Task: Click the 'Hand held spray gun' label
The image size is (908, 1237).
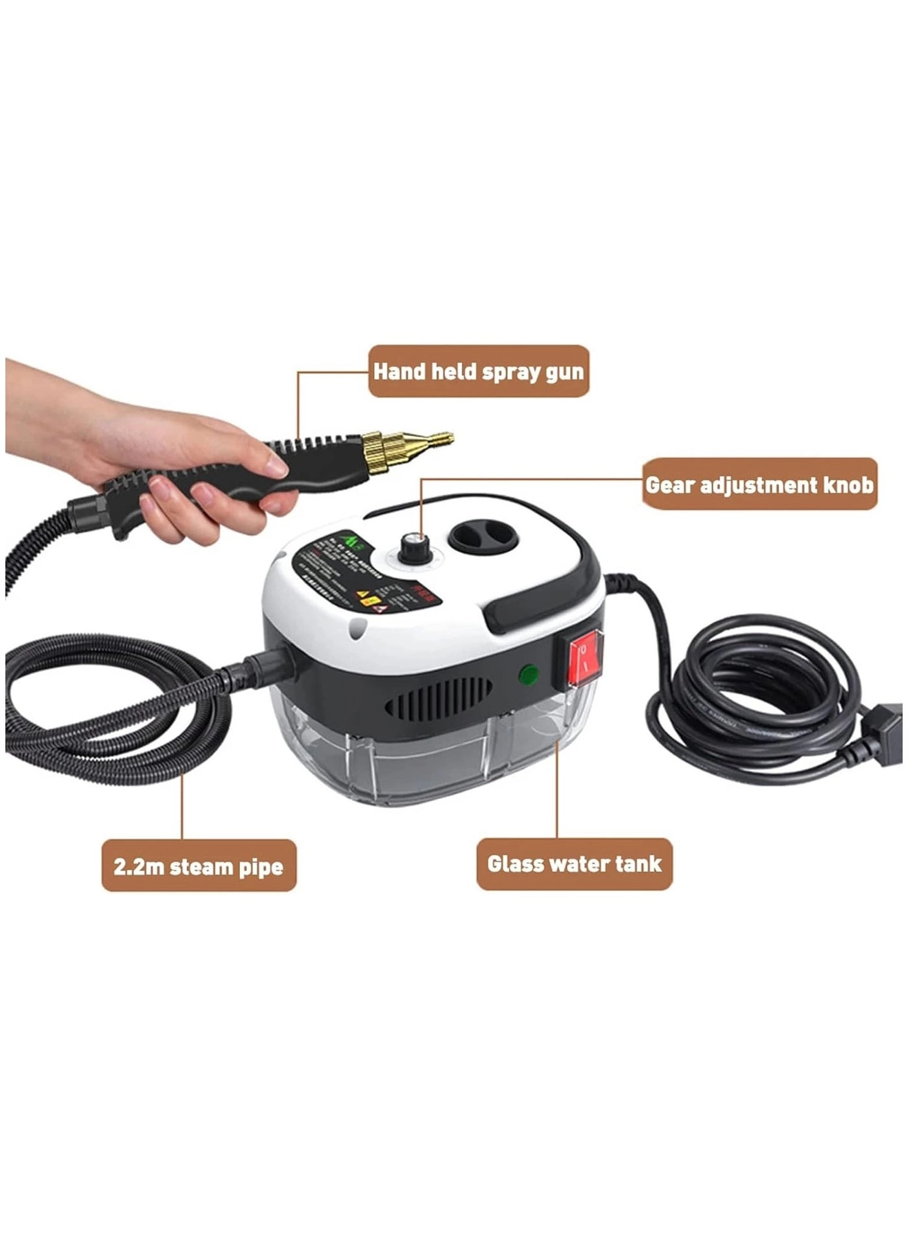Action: (x=479, y=371)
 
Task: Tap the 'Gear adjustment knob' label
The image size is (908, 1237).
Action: (x=759, y=485)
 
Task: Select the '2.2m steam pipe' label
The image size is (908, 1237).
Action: (x=198, y=866)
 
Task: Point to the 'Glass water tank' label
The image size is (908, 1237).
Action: (x=574, y=864)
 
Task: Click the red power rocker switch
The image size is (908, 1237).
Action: (x=584, y=656)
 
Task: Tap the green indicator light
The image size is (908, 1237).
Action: (x=529, y=676)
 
